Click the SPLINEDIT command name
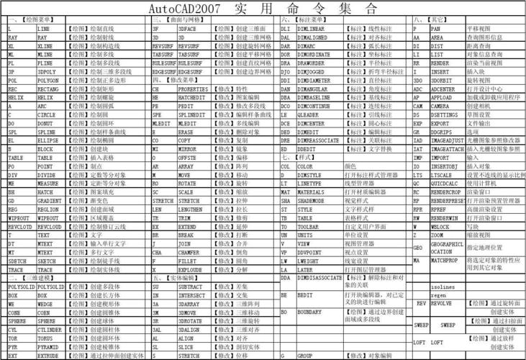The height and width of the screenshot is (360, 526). point(193,114)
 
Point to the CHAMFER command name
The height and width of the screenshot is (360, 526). point(190,253)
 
